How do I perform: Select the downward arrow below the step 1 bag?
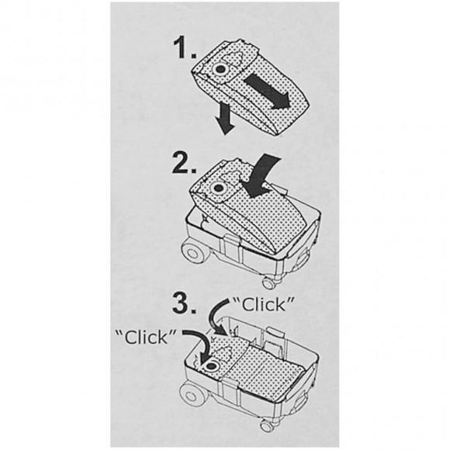pyautogui.click(x=225, y=118)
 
